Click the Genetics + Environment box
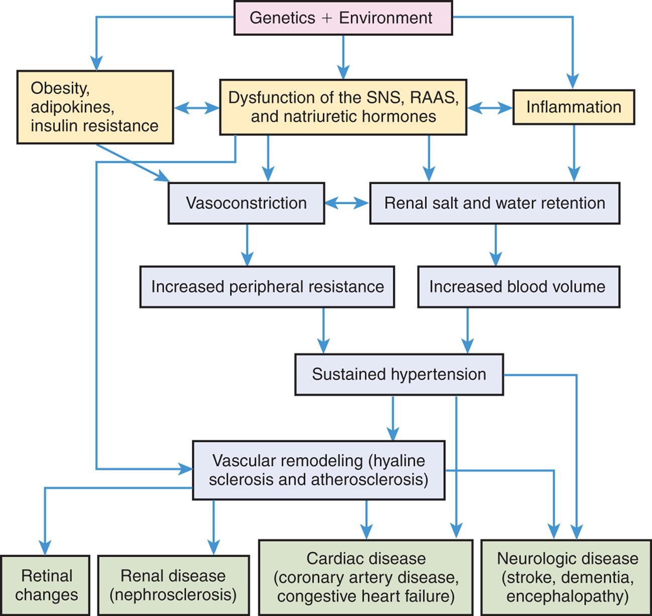[343, 18]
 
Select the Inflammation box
[573, 107]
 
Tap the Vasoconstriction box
[246, 203]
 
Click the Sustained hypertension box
[399, 374]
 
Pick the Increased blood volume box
[518, 286]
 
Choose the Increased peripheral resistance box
[267, 286]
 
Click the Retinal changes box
[45, 585]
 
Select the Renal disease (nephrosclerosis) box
[173, 585]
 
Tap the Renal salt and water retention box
[494, 203]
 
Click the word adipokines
[71, 107]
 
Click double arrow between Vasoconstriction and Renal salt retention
[347, 203]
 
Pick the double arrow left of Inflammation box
[489, 107]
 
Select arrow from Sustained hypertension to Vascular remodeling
[393, 418]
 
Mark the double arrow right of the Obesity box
[196, 107]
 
